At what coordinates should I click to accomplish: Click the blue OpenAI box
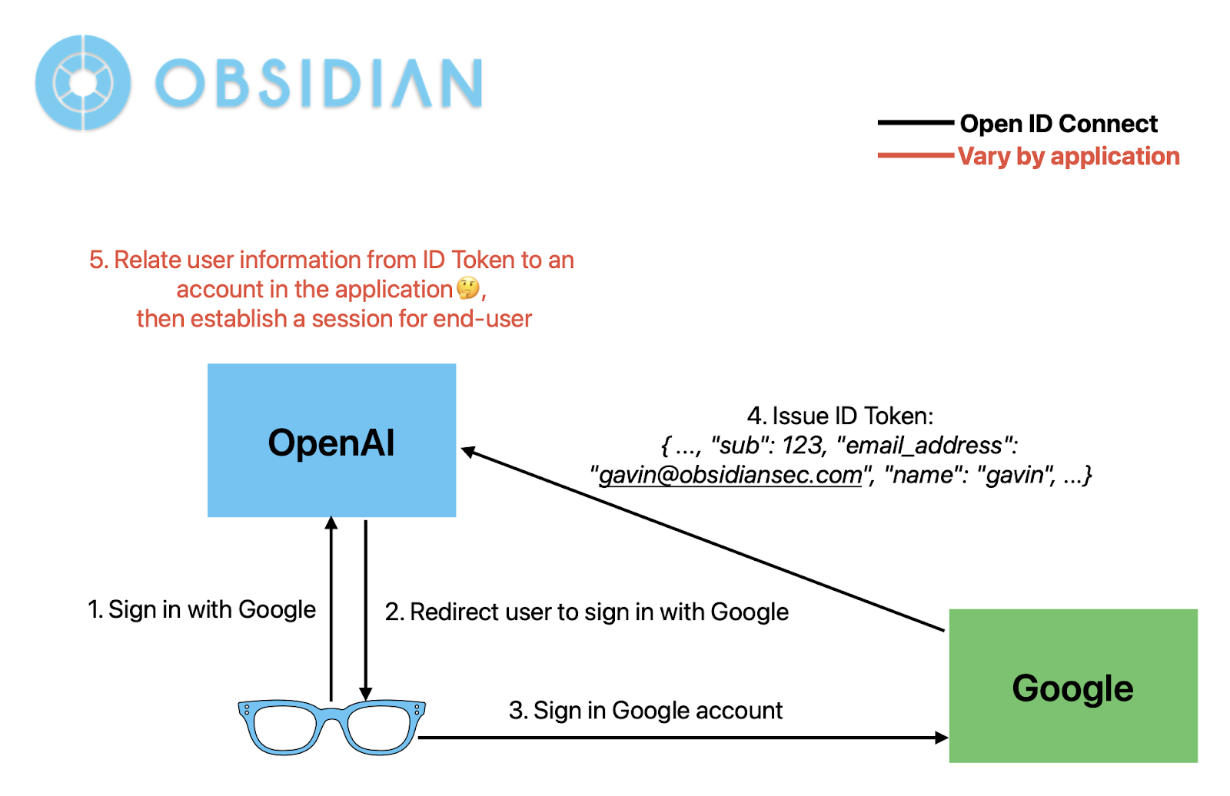tap(331, 439)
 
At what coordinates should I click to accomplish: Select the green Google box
tap(1072, 685)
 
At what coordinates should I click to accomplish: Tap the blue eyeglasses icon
tap(331, 726)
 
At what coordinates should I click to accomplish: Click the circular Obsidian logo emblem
tap(83, 82)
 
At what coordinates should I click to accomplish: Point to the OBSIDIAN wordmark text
tap(319, 83)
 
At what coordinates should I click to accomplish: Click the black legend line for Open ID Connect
tap(916, 123)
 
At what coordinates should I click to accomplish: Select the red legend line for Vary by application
tap(916, 156)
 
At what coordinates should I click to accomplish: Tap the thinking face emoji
tap(467, 289)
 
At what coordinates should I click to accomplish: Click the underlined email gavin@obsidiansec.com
tap(730, 475)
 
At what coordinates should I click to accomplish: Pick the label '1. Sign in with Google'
tap(201, 609)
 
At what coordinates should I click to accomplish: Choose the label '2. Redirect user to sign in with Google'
tap(587, 612)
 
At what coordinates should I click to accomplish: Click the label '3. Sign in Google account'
tap(645, 710)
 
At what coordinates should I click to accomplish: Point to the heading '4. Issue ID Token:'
tap(839, 416)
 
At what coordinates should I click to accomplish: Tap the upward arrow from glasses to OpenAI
tap(331, 607)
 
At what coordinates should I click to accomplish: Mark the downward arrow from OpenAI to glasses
tap(366, 607)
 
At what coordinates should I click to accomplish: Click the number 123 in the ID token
tap(803, 445)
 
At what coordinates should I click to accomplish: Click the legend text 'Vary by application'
tap(1069, 156)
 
